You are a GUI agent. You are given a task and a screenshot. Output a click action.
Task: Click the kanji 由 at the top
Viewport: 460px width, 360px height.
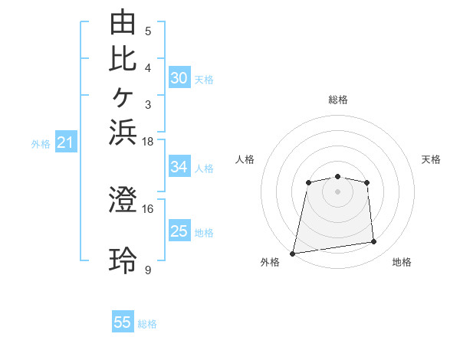[x=123, y=21]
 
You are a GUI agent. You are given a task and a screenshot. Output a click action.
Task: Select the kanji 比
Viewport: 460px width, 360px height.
[x=123, y=59]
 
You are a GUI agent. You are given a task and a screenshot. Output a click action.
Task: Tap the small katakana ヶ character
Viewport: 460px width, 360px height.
[x=123, y=97]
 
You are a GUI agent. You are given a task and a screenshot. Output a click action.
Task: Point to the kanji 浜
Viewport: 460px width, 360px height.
[x=123, y=133]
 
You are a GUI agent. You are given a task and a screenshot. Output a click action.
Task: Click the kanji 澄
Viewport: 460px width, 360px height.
[x=123, y=199]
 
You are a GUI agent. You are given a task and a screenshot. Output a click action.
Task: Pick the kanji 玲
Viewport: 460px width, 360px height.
[x=123, y=260]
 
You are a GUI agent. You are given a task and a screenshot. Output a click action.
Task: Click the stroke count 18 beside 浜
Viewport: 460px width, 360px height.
[x=147, y=142]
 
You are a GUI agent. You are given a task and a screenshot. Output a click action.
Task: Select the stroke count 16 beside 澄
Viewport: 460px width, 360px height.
[x=147, y=209]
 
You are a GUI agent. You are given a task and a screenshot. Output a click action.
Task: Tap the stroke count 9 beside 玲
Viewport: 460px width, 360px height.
[x=148, y=270]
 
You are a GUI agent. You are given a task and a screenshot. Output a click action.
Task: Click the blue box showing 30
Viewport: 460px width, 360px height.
[x=179, y=77]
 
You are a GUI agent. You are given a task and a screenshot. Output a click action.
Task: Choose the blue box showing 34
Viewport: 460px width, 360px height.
[x=179, y=166]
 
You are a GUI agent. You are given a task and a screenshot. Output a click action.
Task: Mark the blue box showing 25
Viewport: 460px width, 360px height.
[x=179, y=231]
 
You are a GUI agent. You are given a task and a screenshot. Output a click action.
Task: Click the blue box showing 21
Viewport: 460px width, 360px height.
[x=66, y=142]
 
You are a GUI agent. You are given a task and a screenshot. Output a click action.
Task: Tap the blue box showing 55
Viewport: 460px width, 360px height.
[x=123, y=321]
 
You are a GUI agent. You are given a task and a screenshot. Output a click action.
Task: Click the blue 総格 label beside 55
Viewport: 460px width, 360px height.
[x=147, y=324]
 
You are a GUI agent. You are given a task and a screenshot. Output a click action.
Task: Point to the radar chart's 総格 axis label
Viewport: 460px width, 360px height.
[x=338, y=100]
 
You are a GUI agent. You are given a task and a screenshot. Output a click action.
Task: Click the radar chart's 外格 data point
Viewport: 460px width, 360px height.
[x=292, y=254]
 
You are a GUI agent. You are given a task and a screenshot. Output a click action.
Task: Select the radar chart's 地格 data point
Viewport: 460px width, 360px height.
[x=374, y=241]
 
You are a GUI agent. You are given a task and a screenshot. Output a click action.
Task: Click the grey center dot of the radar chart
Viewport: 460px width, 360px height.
[x=337, y=192]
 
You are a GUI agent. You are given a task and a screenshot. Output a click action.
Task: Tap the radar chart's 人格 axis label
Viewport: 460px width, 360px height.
[x=245, y=159]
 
